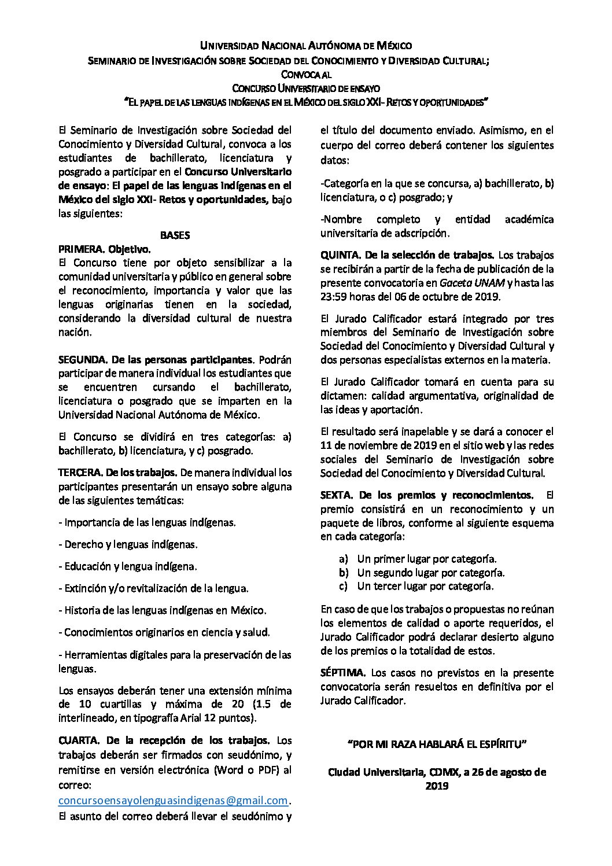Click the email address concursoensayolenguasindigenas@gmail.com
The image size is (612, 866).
pos(174,801)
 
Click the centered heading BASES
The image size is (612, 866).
pos(175,235)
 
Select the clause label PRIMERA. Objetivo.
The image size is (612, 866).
pos(104,249)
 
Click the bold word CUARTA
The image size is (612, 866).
pos(79,740)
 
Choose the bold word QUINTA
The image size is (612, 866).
pos(341,255)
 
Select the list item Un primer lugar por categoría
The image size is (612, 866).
pos(427,559)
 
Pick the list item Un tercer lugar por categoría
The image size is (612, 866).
pos(425,586)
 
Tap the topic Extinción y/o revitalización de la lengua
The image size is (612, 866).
pos(154,588)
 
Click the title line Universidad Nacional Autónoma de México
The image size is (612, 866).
pos(306,45)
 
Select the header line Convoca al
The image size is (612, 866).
pos(306,73)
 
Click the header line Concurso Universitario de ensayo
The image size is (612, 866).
pos(306,88)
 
